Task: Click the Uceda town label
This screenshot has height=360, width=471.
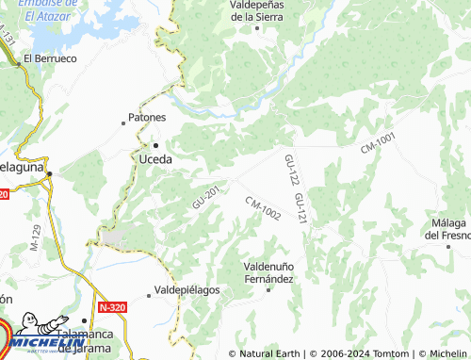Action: pos(155,159)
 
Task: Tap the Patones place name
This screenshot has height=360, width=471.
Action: pos(147,118)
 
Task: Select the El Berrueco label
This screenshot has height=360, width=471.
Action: pos(50,57)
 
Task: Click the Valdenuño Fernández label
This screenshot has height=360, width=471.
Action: pos(269,272)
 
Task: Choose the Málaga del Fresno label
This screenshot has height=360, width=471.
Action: pos(447,229)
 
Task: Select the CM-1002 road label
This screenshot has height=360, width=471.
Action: pos(263,209)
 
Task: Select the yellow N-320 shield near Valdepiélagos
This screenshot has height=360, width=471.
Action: pos(108,307)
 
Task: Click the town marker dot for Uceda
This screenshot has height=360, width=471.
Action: pos(156,145)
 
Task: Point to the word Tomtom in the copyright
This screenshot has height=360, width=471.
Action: pos(388,353)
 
